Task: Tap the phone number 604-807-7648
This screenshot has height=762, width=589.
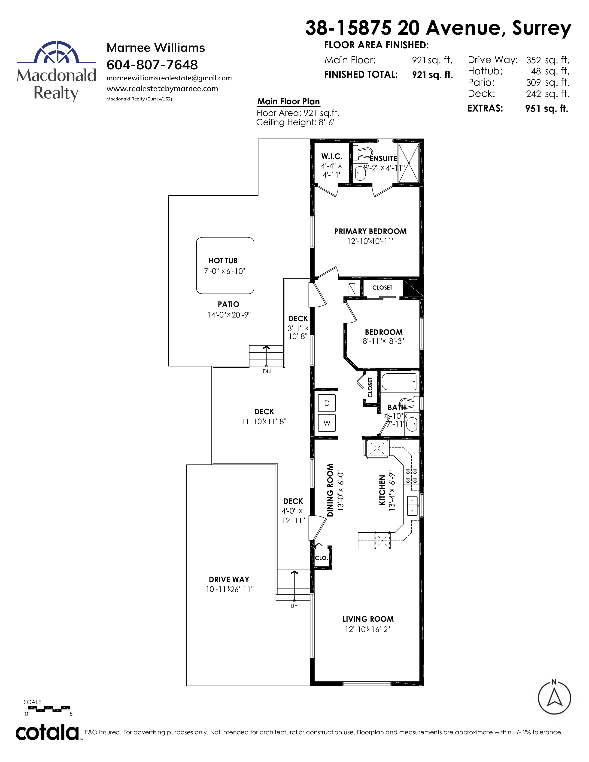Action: tap(152, 65)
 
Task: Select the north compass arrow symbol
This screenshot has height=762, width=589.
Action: tap(554, 698)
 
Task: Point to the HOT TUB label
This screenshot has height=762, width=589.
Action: tap(223, 261)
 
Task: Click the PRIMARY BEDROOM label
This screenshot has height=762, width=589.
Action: tap(370, 231)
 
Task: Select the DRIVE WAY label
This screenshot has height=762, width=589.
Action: tap(229, 580)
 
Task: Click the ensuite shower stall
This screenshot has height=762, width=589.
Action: tap(409, 163)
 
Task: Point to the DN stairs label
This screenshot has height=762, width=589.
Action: tap(267, 372)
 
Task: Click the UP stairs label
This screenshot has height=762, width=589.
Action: tap(294, 606)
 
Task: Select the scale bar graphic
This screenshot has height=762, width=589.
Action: tap(49, 709)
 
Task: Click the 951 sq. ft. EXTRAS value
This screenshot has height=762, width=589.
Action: tap(546, 109)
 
